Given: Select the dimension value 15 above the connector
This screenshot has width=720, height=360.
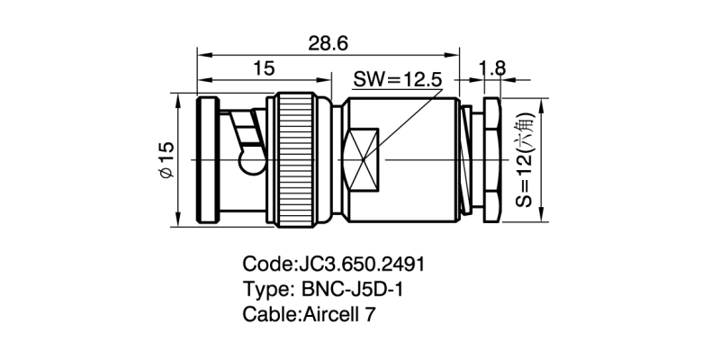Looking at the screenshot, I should [x=264, y=67].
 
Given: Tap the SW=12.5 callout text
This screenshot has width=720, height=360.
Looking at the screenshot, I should [x=397, y=79].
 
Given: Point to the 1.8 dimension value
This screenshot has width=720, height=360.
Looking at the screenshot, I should [x=493, y=67].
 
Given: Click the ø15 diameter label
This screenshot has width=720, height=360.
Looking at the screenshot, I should [x=165, y=158].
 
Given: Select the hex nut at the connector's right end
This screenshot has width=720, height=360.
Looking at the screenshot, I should [x=490, y=159].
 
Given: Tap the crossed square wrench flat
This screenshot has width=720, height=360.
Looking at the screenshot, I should [x=363, y=160].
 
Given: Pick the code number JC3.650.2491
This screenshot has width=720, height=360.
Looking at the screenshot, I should [x=360, y=265].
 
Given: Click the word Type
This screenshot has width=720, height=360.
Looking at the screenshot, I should [x=265, y=290].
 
